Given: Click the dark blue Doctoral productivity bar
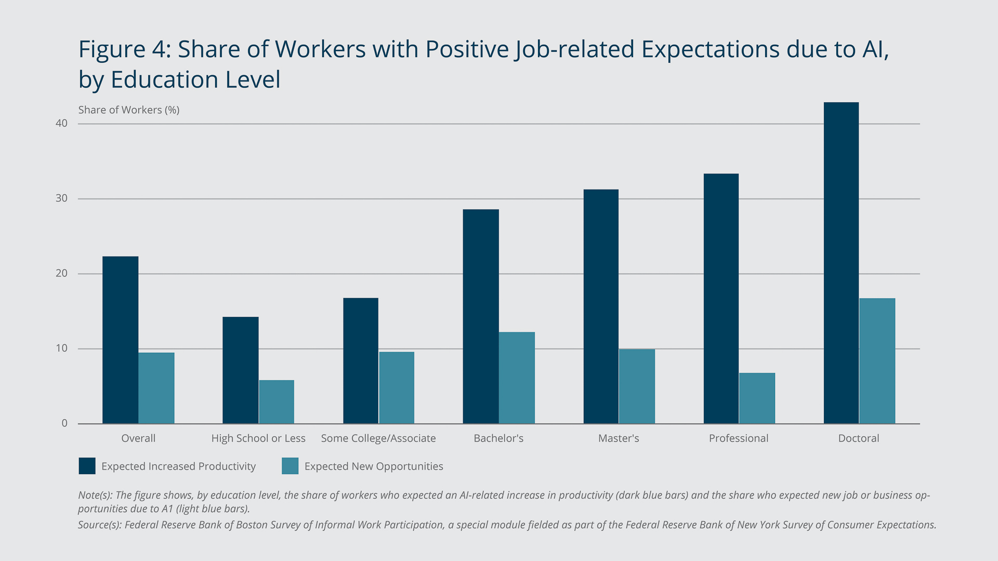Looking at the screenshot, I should click(x=841, y=263).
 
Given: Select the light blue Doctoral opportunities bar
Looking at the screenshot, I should click(x=877, y=361).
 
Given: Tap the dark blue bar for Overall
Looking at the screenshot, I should click(x=120, y=340).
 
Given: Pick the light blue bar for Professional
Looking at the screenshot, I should click(x=757, y=398).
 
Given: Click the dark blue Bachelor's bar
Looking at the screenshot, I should click(x=481, y=316).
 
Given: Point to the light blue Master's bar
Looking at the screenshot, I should click(x=637, y=386).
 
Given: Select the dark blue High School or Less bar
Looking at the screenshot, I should click(x=240, y=370).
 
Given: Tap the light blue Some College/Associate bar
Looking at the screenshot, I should click(x=397, y=388).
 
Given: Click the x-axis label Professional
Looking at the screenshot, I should click(x=738, y=438).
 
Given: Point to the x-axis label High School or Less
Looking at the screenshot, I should click(x=258, y=438).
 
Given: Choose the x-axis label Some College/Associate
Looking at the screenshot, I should click(x=378, y=438).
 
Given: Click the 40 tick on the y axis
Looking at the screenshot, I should click(x=62, y=123).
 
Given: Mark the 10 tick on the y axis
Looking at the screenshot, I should click(x=62, y=348).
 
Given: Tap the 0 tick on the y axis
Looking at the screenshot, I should click(x=64, y=423).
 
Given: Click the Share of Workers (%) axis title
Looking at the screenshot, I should click(x=129, y=110).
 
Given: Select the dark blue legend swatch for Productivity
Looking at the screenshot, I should click(x=87, y=466).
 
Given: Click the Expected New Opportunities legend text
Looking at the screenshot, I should click(x=374, y=466).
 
